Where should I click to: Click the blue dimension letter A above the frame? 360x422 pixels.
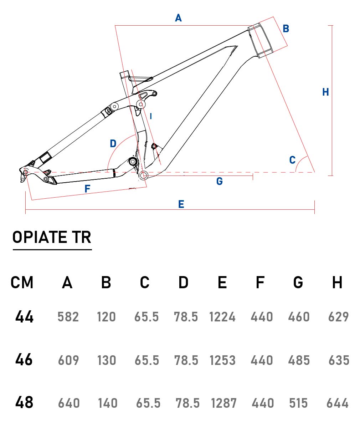[178, 17]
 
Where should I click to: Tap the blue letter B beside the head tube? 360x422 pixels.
[286, 29]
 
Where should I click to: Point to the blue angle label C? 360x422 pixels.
[292, 160]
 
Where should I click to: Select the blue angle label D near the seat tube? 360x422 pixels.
[113, 144]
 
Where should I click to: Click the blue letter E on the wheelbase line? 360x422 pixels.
[181, 204]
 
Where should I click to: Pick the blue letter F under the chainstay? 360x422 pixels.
[87, 189]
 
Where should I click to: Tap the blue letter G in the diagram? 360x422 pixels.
[220, 182]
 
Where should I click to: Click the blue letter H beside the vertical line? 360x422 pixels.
[325, 92]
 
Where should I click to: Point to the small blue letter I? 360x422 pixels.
[151, 116]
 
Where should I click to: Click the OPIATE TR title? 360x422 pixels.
[52, 238]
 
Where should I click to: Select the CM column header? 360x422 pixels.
[22, 283]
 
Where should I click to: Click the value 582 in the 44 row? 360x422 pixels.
[68, 317]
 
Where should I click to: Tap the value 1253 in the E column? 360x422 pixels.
[222, 360]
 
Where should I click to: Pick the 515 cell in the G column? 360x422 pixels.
[298, 403]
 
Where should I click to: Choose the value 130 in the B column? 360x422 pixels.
[107, 360]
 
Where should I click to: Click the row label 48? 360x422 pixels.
[24, 402]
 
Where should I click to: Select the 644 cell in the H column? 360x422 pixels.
[338, 403]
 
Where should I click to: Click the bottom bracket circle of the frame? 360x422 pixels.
[144, 175]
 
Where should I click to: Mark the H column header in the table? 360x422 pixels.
[337, 283]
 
